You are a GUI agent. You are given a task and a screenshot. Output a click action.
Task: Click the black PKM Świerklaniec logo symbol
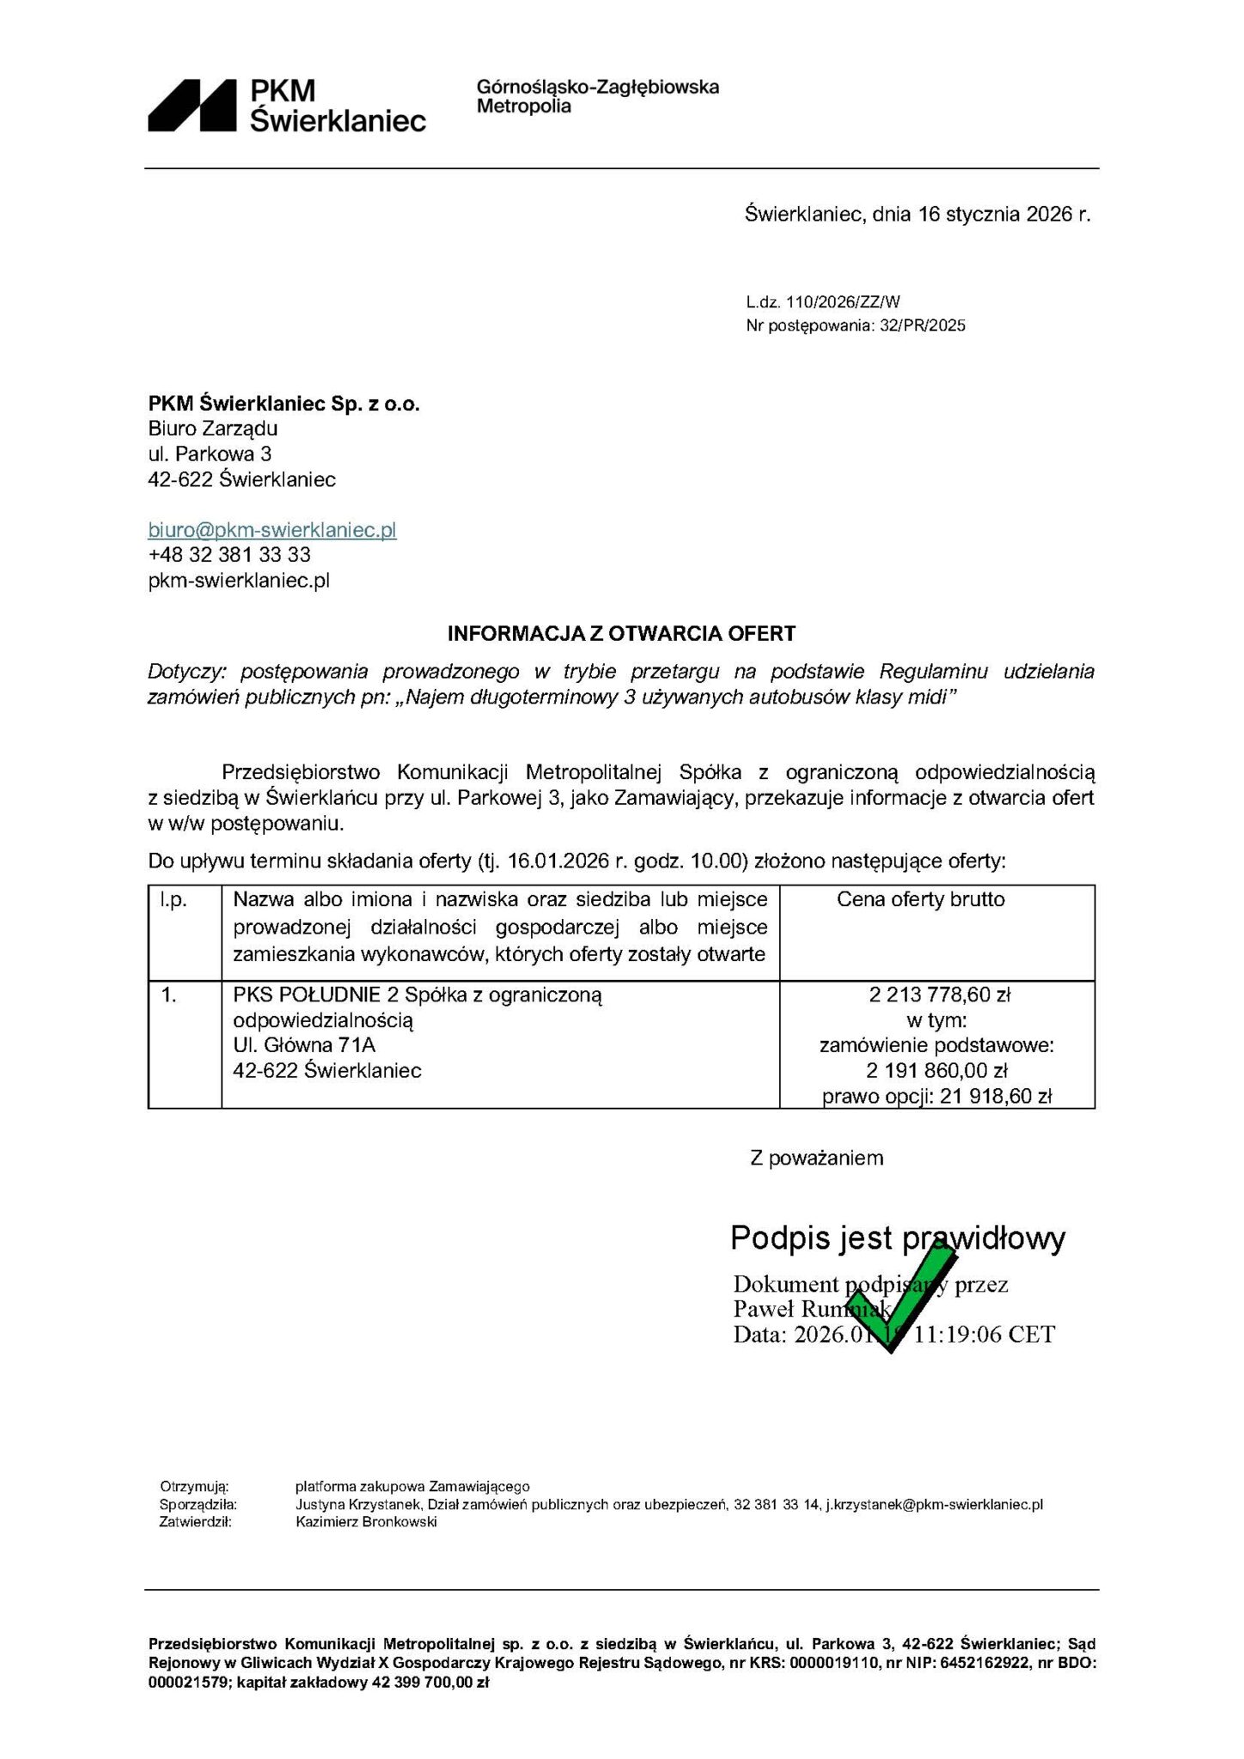tap(192, 106)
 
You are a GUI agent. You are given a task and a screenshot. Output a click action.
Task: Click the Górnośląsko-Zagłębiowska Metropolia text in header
tap(597, 96)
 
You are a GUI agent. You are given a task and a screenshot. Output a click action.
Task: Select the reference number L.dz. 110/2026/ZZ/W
tap(822, 301)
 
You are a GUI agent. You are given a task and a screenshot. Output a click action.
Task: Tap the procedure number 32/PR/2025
tap(923, 326)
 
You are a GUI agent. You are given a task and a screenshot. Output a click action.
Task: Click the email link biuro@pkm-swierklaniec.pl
tap(272, 530)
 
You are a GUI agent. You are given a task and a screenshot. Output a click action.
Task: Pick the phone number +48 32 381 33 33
tap(229, 555)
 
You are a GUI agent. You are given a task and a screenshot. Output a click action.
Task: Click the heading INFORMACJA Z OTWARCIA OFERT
tap(621, 634)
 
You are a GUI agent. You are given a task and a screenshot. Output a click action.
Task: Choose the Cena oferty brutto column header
tap(920, 899)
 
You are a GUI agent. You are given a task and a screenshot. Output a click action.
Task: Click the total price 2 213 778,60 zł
tap(939, 995)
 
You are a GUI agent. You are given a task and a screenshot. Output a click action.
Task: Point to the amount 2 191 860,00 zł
tap(936, 1071)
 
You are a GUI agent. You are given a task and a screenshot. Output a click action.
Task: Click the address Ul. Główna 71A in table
tap(304, 1045)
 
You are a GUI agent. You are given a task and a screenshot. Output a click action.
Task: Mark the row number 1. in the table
tap(169, 995)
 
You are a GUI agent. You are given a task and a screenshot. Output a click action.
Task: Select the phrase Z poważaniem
tap(816, 1158)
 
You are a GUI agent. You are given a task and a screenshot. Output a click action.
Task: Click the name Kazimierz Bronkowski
tap(366, 1522)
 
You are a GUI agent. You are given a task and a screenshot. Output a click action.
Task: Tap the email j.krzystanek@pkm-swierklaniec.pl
tap(934, 1504)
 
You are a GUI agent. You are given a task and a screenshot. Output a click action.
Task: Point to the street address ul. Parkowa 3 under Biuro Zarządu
tap(210, 453)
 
